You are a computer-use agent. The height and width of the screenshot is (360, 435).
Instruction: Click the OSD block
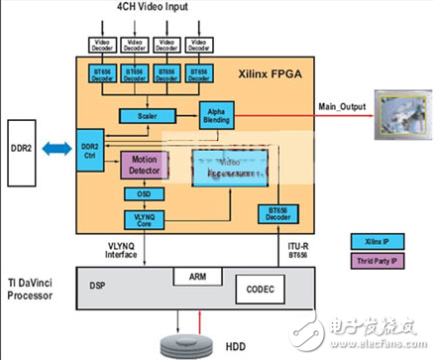(x=143, y=194)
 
